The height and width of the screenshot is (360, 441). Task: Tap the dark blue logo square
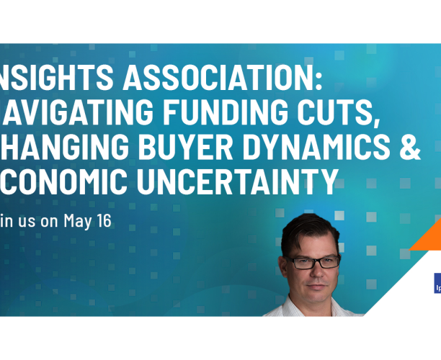pos(436,284)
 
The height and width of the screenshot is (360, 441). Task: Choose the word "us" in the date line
pos(27,220)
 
